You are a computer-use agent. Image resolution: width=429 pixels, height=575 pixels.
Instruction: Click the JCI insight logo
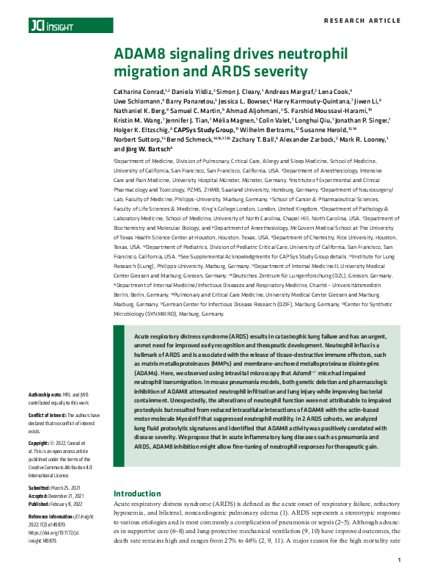[x=46, y=26]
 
